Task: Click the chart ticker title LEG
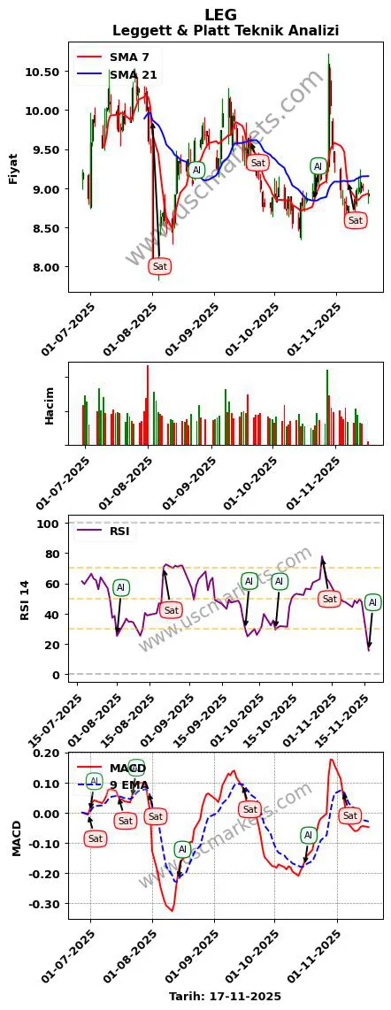tap(220, 15)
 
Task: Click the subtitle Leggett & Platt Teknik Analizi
tap(226, 31)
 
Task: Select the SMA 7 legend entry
tap(129, 57)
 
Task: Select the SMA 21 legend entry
tap(133, 75)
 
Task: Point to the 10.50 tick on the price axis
tap(42, 72)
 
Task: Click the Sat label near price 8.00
tap(159, 266)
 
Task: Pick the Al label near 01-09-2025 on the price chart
tap(196, 170)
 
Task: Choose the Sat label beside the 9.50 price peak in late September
tap(257, 163)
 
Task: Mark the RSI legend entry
tap(119, 532)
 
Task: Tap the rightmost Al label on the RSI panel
tap(372, 602)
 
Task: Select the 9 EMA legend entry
tap(127, 784)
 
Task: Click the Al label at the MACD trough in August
tap(182, 850)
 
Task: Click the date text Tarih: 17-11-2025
tap(225, 996)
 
